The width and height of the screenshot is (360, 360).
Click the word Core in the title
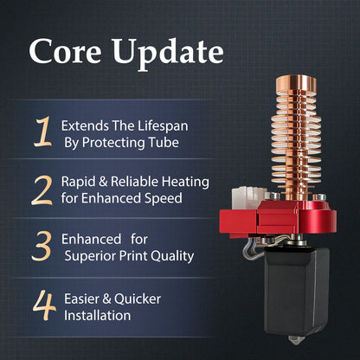pyautogui.click(x=65, y=51)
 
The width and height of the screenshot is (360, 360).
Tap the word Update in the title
pyautogui.click(x=168, y=55)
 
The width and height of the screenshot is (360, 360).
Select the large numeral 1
pyautogui.click(x=42, y=132)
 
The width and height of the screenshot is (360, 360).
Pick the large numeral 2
pyautogui.click(x=42, y=190)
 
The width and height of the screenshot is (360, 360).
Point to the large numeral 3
pyautogui.click(x=42, y=246)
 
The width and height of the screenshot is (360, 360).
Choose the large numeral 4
pyautogui.click(x=44, y=305)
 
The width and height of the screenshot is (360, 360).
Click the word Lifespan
pyautogui.click(x=163, y=126)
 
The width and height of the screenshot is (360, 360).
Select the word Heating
pyautogui.click(x=185, y=183)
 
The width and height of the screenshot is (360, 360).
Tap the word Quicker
pyautogui.click(x=138, y=299)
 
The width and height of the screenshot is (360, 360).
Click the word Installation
pyautogui.click(x=97, y=315)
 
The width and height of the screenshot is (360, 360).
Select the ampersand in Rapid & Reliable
pyautogui.click(x=103, y=182)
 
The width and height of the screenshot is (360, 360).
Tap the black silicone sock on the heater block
pyautogui.click(x=297, y=292)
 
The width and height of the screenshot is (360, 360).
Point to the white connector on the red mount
pyautogui.click(x=249, y=197)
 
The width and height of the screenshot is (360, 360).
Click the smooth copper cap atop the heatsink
pyautogui.click(x=296, y=83)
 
